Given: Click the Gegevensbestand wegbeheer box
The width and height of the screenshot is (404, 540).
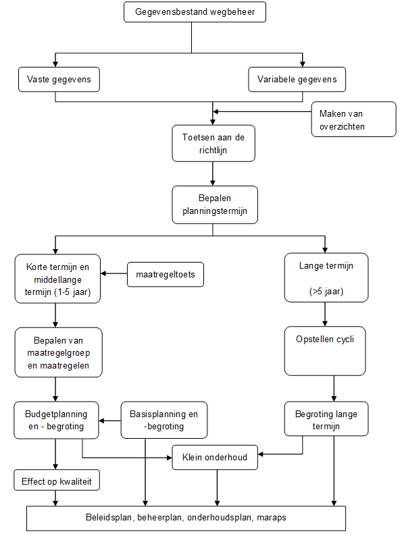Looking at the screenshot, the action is pos(195,12).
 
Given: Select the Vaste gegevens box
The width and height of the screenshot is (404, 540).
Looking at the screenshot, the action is pos(59,80).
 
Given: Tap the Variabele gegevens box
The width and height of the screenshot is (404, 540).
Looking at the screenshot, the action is pos(297,80).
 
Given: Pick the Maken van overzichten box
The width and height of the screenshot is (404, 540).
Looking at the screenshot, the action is pos(354,119).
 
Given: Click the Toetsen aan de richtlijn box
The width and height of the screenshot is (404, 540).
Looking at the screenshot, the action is pos(213,143).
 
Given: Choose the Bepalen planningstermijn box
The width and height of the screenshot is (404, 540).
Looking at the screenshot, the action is pos(215,205).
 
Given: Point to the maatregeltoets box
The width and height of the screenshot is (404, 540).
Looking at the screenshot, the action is pos(166,275).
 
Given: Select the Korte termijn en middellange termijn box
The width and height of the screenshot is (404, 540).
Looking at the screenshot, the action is pos(57,279).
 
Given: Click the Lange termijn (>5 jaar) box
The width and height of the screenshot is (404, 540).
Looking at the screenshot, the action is pos(326,277).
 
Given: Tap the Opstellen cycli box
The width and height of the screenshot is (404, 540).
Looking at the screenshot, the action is pos(325,351).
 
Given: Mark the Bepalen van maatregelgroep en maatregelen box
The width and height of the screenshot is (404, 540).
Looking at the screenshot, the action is pos(58,352).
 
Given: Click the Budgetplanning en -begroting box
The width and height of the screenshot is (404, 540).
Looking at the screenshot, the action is pos(56,420).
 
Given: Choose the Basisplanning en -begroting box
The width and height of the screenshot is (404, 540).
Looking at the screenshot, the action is pos(163,420).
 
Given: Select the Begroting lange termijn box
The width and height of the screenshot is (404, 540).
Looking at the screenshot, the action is pos(326,418).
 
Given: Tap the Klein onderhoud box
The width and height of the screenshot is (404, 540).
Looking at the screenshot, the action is pos(215,458).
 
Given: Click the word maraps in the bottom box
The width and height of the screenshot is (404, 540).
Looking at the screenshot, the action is pos(272,518).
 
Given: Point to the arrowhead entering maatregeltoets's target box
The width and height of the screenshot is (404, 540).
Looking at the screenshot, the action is pos(103,273).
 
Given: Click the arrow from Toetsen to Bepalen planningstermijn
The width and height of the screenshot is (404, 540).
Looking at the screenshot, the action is pos(213,174).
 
